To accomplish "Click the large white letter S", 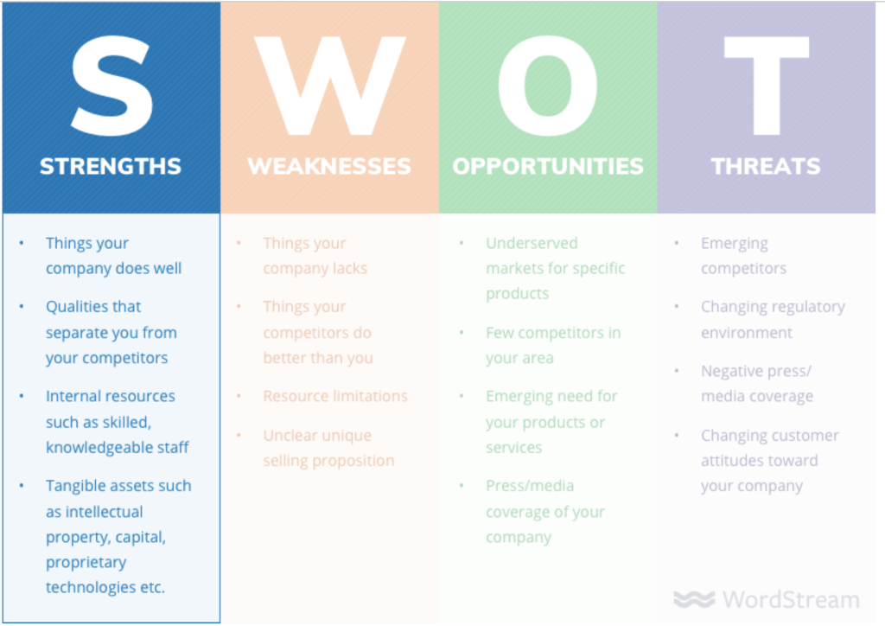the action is point(112,86).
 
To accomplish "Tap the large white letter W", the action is point(329,86).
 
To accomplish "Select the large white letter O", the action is point(547,86).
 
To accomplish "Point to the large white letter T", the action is point(767,86).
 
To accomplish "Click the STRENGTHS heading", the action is point(111,167).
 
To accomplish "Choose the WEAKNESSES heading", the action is point(329,167).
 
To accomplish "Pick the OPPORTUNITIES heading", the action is point(548,167).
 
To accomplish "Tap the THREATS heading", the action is point(766,167).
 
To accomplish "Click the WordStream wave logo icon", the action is point(694,599).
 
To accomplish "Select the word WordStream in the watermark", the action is point(792,599).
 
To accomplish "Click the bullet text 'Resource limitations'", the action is point(335,396).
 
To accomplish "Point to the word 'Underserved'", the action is point(532,243).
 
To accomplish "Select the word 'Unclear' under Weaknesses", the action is point(291,436).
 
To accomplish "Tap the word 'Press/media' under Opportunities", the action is point(530,486).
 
